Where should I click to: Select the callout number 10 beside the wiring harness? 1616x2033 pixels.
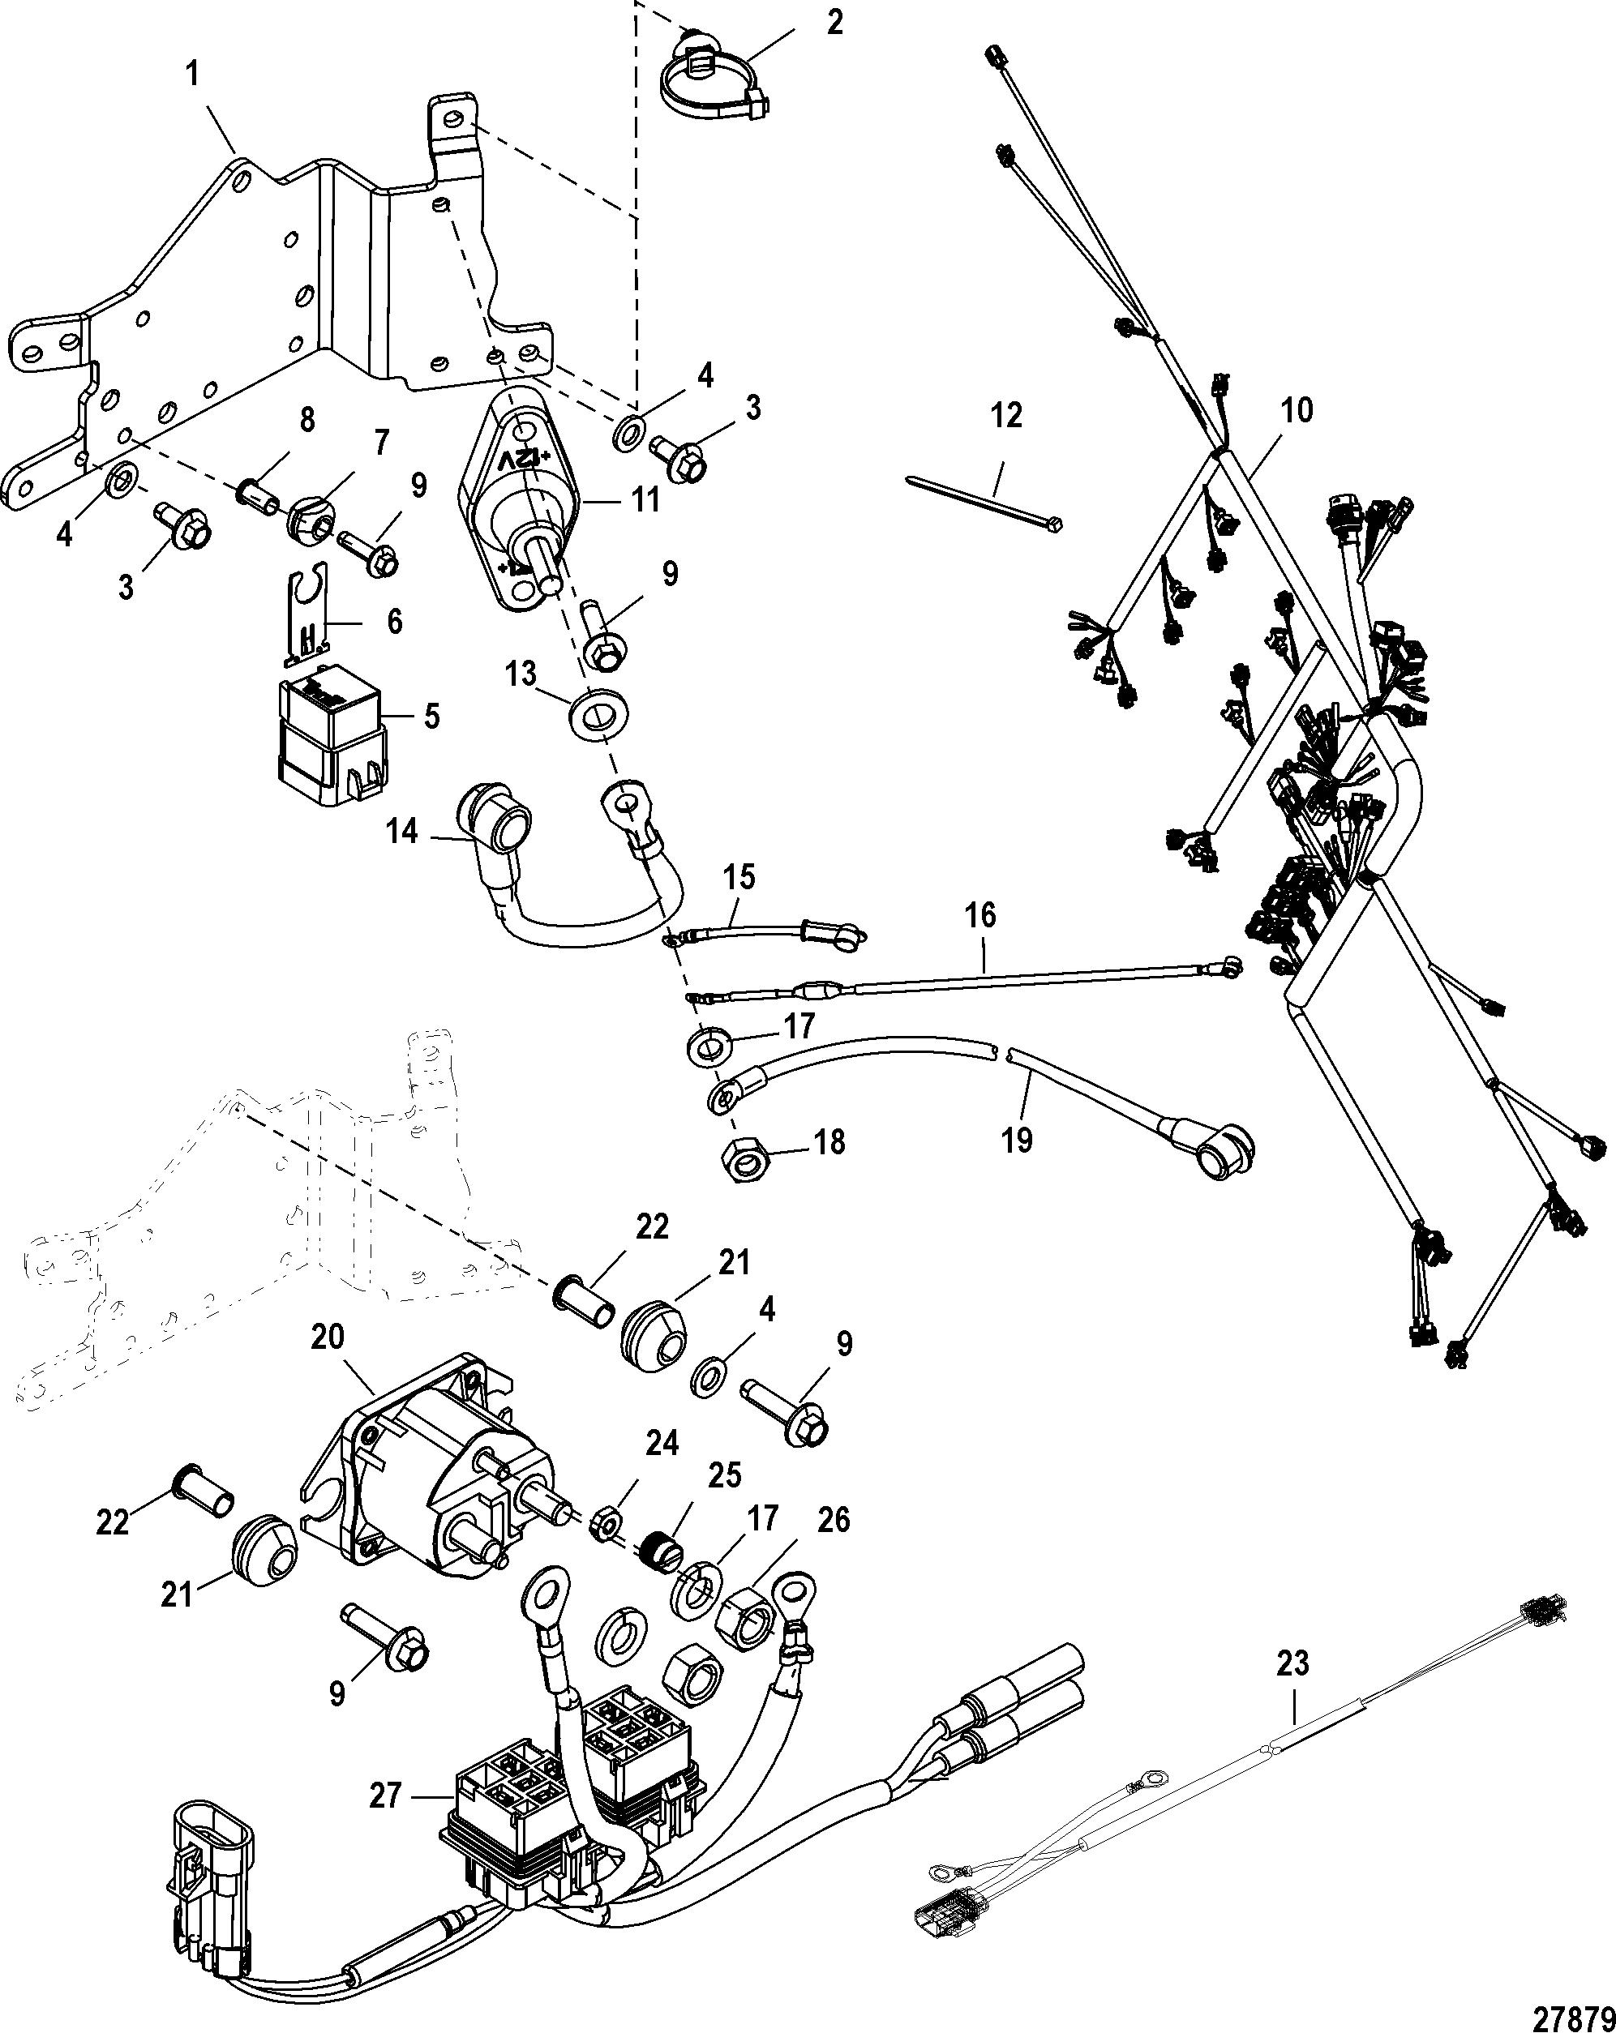coord(1297,410)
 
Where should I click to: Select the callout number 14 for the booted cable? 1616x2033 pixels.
coord(403,832)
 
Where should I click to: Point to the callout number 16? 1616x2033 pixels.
coord(980,914)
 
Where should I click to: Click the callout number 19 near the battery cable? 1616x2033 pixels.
coord(1018,1139)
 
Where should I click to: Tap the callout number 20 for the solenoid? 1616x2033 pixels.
coord(328,1337)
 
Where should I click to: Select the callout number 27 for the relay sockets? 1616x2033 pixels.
coord(385,1796)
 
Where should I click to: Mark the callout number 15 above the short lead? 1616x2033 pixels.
coord(739,877)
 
